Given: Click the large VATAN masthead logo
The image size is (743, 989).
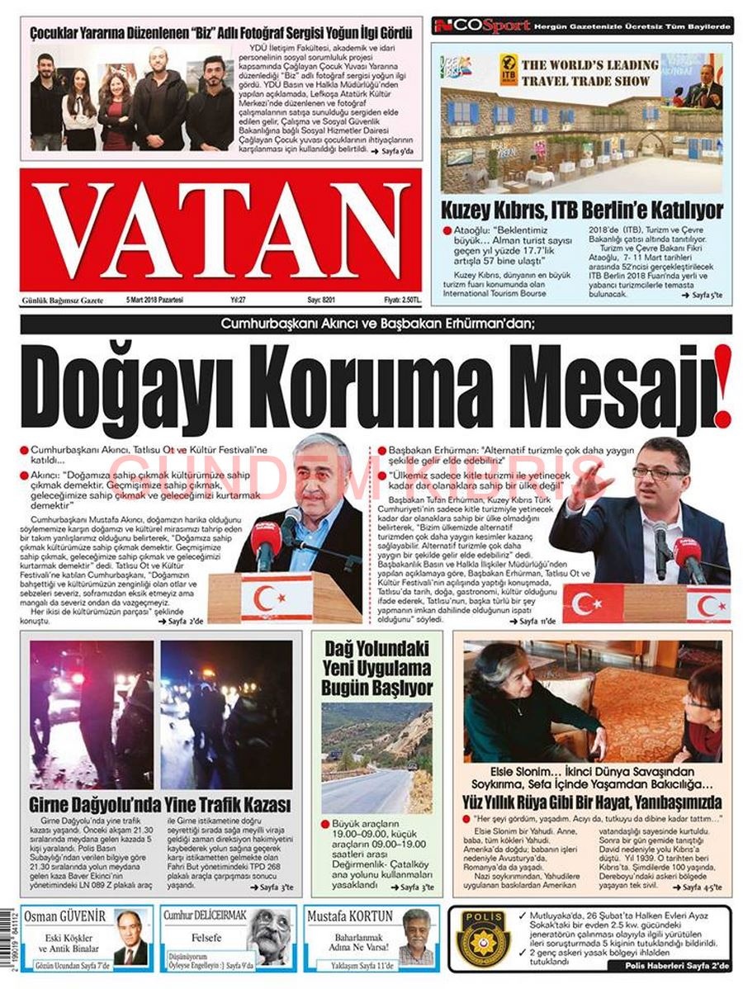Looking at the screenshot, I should (223, 229).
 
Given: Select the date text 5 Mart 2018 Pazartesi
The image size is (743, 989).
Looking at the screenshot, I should (154, 300).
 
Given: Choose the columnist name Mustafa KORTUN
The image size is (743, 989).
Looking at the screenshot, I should (349, 917).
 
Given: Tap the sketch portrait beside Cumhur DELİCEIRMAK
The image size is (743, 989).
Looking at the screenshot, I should (269, 936).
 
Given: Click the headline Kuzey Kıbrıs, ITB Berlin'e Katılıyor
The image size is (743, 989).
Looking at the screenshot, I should (581, 210).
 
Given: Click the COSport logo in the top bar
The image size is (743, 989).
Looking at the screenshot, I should (482, 26).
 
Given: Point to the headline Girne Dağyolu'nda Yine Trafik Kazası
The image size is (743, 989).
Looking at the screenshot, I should (159, 804).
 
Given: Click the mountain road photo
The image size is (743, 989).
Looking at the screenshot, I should (376, 757).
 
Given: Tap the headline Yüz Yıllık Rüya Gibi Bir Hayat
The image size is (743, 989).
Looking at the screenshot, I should (592, 802).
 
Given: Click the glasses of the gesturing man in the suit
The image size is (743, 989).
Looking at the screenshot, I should (658, 473).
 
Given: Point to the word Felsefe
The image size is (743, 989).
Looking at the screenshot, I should (206, 939).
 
